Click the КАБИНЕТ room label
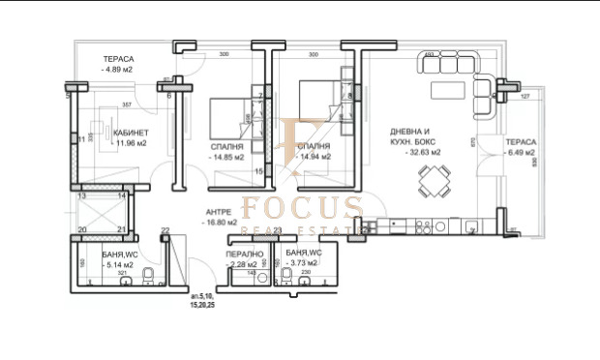130,133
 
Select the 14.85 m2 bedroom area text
226,156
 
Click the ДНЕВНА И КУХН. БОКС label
415,136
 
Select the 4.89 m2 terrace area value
119,71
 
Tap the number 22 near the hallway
165,229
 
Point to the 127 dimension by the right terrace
526,97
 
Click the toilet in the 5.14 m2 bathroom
146,281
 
